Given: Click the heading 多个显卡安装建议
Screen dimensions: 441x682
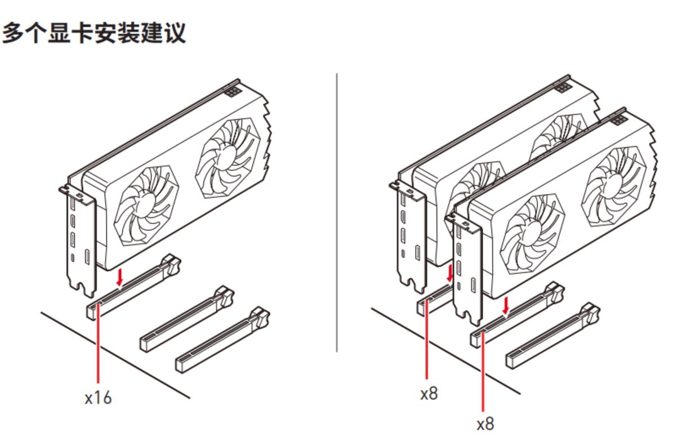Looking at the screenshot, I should (x=94, y=33).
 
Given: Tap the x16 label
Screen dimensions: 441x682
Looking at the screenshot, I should (x=98, y=398).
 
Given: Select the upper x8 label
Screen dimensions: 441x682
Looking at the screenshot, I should (x=429, y=393).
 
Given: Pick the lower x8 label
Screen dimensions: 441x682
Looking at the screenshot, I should (x=485, y=424).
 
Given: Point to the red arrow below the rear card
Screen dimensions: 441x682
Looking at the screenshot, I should (x=449, y=274).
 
